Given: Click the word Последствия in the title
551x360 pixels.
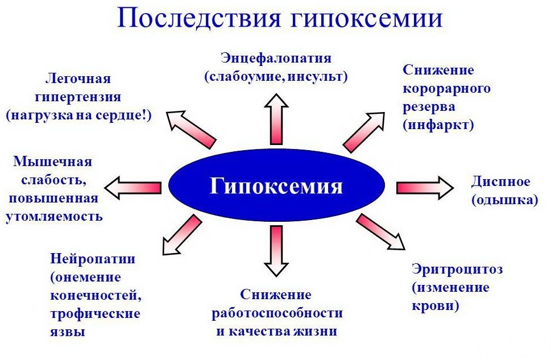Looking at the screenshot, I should pos(201,18).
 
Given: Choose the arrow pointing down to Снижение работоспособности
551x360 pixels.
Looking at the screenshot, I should pos(276,250).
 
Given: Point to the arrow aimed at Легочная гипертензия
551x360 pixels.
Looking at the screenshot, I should pos(190,126).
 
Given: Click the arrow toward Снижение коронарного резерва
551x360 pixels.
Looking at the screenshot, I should pos(364,131).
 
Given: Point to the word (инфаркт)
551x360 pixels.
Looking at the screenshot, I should pos(438,125).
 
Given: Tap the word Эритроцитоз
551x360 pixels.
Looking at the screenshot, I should pos(457,269).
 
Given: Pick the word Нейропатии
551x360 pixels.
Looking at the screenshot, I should pos(93,259).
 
